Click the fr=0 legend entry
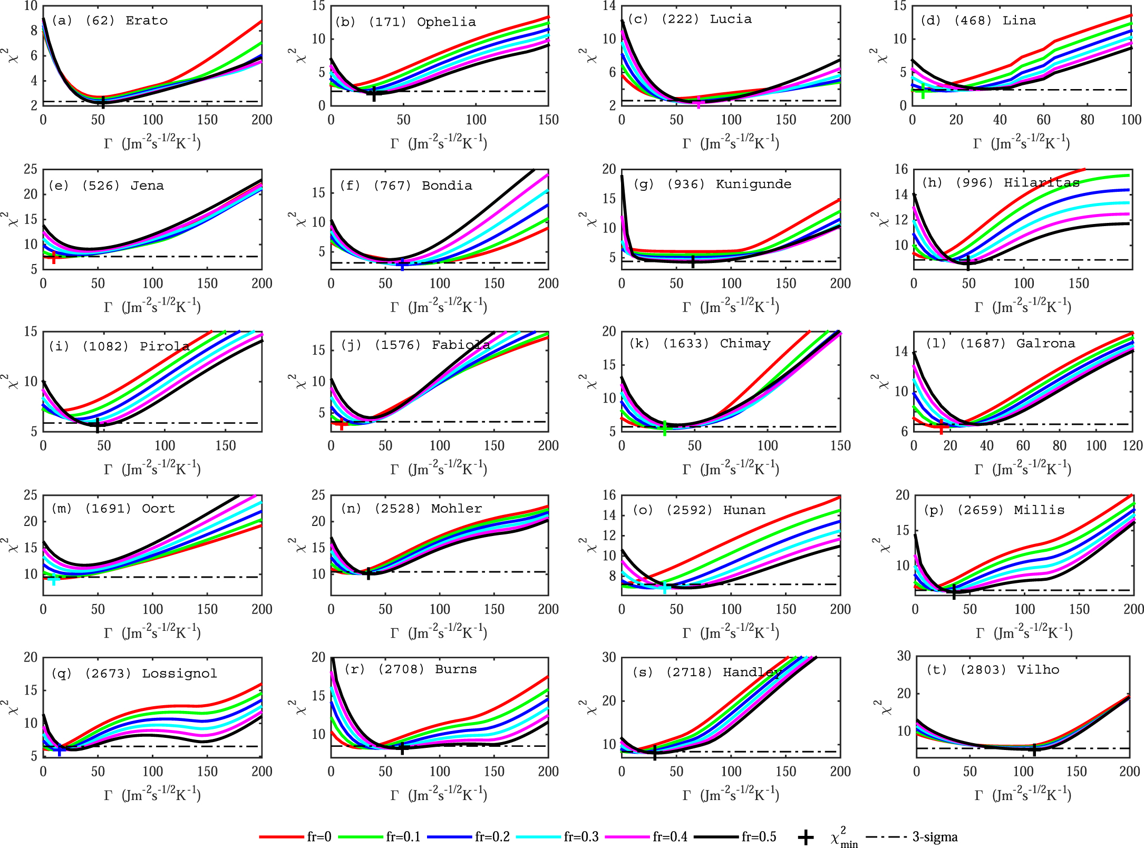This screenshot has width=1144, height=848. pos(295,837)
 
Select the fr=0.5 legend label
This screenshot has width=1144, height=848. pos(759,837)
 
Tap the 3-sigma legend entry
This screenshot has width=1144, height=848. pos(935,837)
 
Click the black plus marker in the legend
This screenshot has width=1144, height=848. pos(805,837)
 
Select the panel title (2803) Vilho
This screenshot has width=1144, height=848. pos(993,670)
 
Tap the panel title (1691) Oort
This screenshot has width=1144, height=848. pos(113,509)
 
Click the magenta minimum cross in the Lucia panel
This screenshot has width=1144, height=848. pos(699,103)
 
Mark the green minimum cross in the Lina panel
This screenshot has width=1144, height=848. pos(923,91)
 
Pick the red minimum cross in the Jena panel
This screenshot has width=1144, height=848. pos(54,257)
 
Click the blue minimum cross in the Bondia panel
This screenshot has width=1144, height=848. pos(402,264)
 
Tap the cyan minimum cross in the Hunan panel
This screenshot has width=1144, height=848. pos(665,587)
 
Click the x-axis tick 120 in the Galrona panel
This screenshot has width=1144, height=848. pos(1132,446)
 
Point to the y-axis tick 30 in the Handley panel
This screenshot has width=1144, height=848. pos(609,657)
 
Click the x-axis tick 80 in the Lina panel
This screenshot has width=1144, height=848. pos(1087,120)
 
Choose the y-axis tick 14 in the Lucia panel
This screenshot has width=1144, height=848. pos(609,6)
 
